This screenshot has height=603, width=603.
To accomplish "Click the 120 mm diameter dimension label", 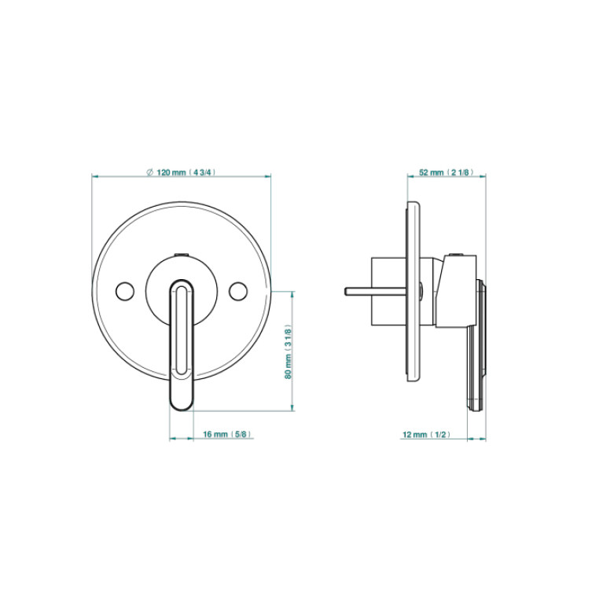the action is (x=182, y=172).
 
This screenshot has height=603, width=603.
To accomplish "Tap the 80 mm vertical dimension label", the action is (x=289, y=352).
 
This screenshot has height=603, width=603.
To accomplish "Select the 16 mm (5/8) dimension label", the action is (x=228, y=434).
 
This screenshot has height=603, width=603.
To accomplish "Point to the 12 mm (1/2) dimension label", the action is (x=426, y=435).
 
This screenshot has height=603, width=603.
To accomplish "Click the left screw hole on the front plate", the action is (x=125, y=291).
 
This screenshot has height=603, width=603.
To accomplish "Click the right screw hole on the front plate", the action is (x=238, y=291).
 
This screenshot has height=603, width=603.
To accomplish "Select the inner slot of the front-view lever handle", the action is (x=181, y=331).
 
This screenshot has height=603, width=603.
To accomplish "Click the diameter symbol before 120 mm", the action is (x=150, y=172).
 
